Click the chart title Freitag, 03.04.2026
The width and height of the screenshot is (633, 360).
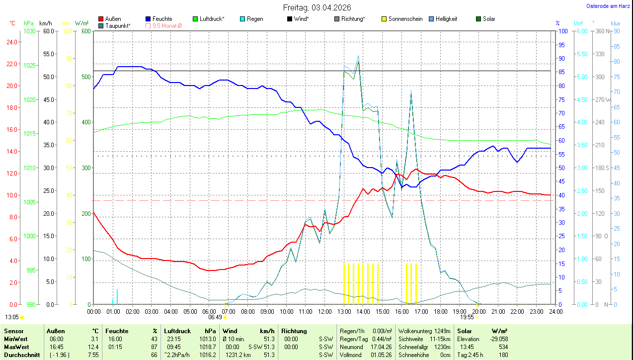click(317, 7)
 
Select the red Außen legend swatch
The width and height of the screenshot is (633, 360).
click(101, 19)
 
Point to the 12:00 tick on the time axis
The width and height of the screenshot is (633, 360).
click(324, 312)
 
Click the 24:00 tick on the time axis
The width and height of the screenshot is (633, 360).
click(555, 312)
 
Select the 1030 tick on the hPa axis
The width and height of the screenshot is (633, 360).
click(30, 31)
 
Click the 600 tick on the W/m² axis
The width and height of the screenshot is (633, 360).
click(85, 31)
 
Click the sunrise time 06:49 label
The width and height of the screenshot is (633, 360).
click(215, 317)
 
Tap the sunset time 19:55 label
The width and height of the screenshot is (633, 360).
click(467, 317)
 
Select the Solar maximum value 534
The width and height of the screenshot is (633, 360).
click(503, 347)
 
